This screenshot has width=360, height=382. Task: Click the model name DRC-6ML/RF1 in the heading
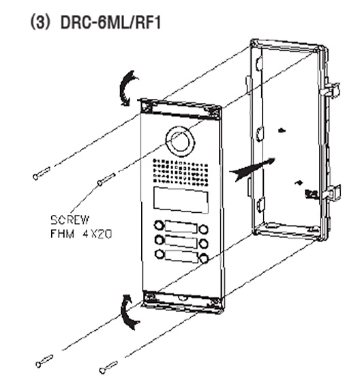coord(111,23)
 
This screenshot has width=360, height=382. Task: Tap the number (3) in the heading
coord(39,23)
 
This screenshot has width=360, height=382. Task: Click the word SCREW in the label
coord(70,220)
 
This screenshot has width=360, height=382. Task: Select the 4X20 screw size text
coord(97,234)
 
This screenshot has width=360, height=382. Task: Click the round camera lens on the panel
coord(180,141)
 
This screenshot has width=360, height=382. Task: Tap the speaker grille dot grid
coord(180,171)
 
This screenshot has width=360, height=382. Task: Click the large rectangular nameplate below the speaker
coord(181,201)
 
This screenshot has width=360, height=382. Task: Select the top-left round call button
coord(159,225)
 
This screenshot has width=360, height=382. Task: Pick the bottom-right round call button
coord(203,259)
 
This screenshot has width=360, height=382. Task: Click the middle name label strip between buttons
coord(181,241)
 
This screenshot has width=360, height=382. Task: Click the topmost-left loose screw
coord(42,173)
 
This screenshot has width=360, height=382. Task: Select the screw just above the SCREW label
coord(106,179)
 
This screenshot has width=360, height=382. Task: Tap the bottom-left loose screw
coord(44,361)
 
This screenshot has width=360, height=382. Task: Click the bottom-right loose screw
coord(108,368)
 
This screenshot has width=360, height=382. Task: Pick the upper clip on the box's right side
coord(331,89)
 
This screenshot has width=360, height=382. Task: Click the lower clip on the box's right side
coord(332,192)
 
